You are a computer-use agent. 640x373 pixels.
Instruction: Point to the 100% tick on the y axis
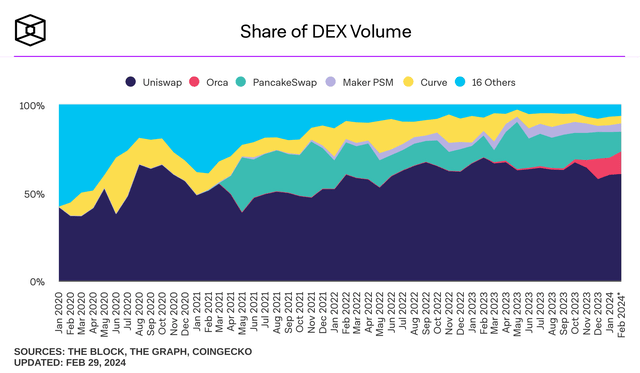coord(32,105)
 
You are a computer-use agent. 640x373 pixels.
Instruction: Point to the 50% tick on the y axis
coord(36,193)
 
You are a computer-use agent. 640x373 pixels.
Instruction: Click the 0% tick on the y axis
coord(39,282)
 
